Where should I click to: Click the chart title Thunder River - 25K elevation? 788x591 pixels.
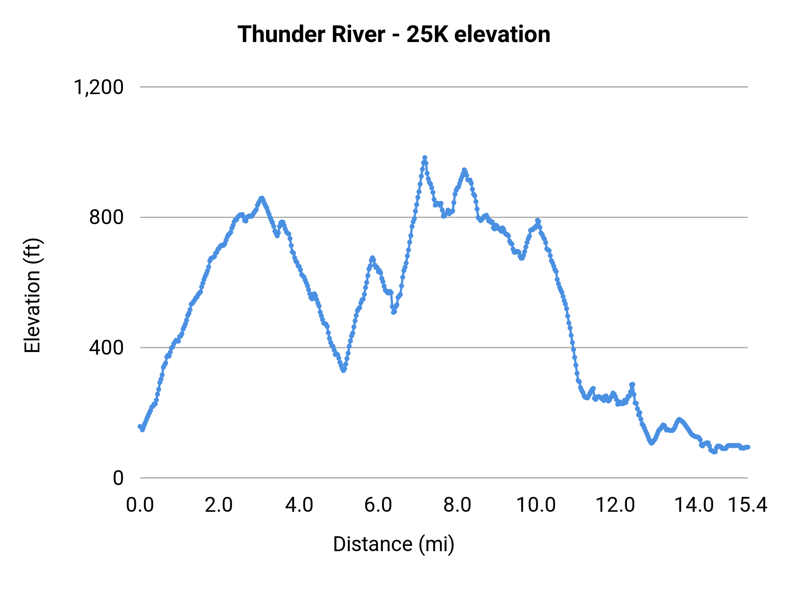394,34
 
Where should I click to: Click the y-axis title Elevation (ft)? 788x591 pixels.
32,295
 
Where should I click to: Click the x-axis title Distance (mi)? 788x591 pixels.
394,544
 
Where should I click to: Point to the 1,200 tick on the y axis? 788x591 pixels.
99,87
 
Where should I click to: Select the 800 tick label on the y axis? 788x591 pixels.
106,217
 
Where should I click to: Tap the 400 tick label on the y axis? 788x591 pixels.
106,348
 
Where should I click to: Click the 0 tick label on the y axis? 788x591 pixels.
118,478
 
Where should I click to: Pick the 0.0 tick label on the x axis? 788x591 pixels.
140,505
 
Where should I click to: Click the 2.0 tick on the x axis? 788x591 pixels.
219,505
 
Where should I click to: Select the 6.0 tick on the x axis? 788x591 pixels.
378,505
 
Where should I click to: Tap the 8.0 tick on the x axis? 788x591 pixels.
457,505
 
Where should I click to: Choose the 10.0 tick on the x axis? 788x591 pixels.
536,505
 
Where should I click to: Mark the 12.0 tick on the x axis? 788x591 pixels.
616,505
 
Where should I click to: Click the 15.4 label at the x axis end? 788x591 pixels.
748,505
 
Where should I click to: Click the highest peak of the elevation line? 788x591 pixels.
425,158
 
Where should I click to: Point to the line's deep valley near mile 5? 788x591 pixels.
344,370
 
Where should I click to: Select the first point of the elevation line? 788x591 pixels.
140,426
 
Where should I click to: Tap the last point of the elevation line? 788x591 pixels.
748,447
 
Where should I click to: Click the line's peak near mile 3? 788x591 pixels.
262,198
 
